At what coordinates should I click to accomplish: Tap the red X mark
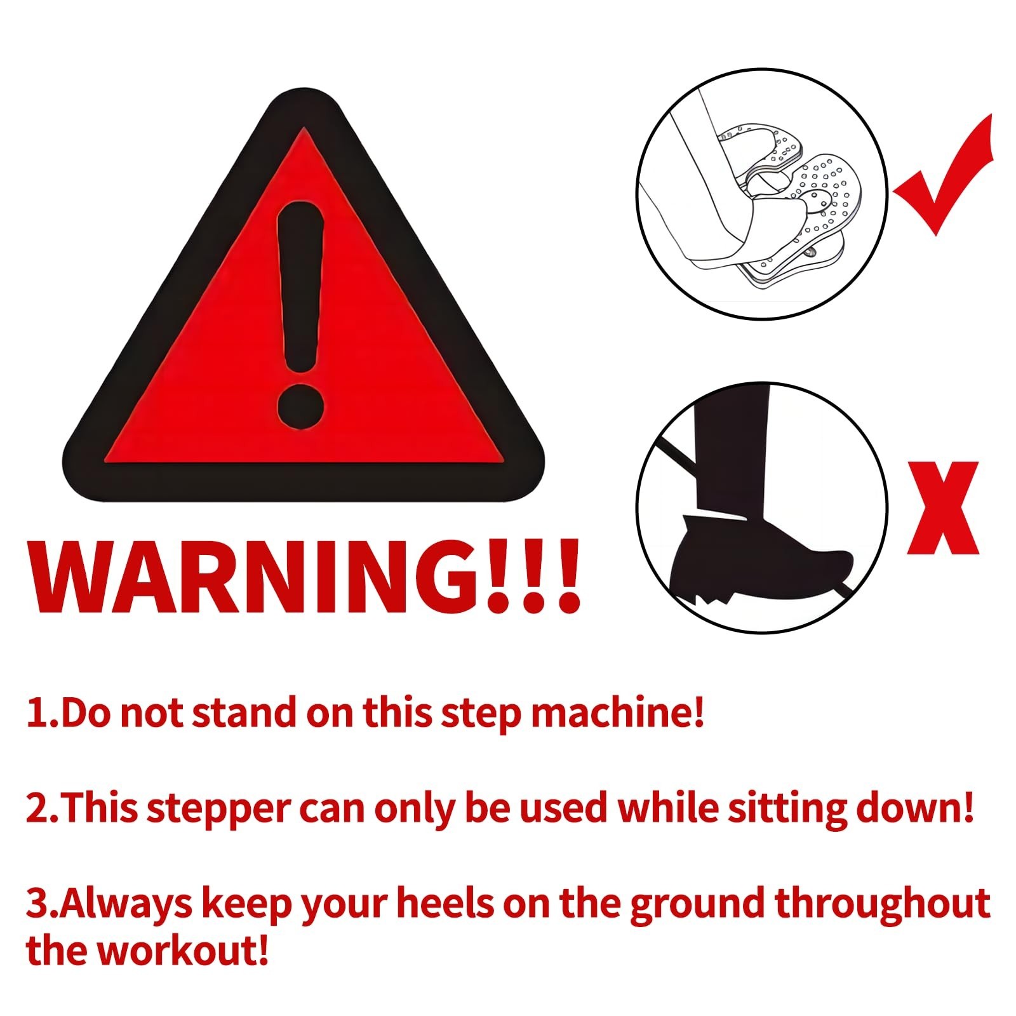tap(942, 508)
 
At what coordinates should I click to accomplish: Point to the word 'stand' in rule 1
tap(244, 712)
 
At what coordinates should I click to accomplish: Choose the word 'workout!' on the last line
tap(184, 951)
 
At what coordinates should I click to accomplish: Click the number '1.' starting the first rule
tap(42, 712)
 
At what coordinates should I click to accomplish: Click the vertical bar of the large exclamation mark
tap(301, 286)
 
